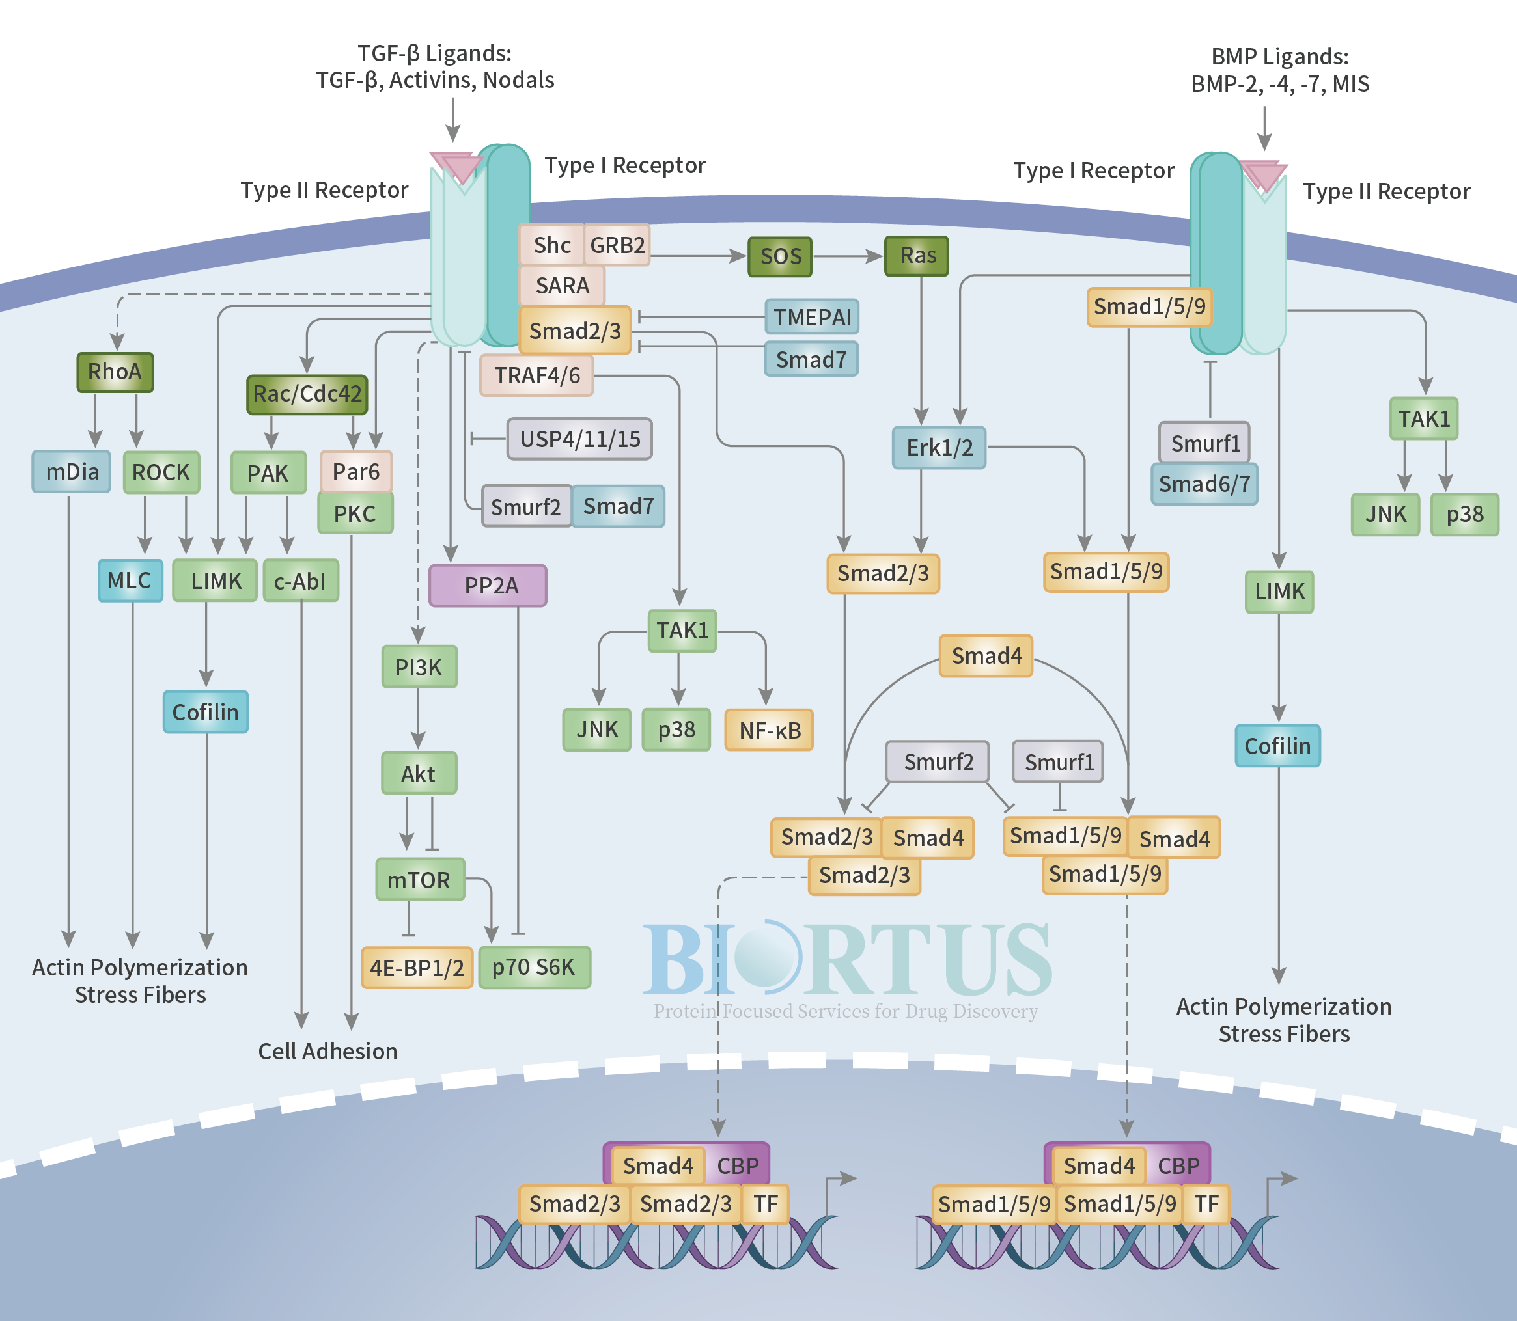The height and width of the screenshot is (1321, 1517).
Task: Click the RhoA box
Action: tap(115, 372)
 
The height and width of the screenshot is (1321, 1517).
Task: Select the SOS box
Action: tap(780, 256)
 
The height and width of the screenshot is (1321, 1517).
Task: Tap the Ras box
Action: tap(917, 256)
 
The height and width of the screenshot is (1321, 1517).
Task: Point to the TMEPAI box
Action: tap(812, 317)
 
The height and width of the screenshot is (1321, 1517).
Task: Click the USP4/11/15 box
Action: tap(579, 439)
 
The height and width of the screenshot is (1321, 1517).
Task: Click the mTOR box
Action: tap(421, 879)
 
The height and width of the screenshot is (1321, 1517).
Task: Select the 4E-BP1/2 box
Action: tap(417, 968)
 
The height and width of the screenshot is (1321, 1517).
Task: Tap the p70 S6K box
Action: tap(535, 967)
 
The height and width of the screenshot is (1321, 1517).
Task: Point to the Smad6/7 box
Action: tap(1204, 484)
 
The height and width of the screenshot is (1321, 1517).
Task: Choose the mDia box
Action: tap(72, 472)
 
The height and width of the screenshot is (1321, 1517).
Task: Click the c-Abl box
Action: tap(301, 581)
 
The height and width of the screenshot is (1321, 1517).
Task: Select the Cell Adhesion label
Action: tap(327, 1051)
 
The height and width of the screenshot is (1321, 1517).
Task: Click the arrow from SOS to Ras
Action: tap(848, 256)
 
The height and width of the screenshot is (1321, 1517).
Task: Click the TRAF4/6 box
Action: tap(537, 375)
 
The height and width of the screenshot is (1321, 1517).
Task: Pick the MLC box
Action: tap(130, 581)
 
